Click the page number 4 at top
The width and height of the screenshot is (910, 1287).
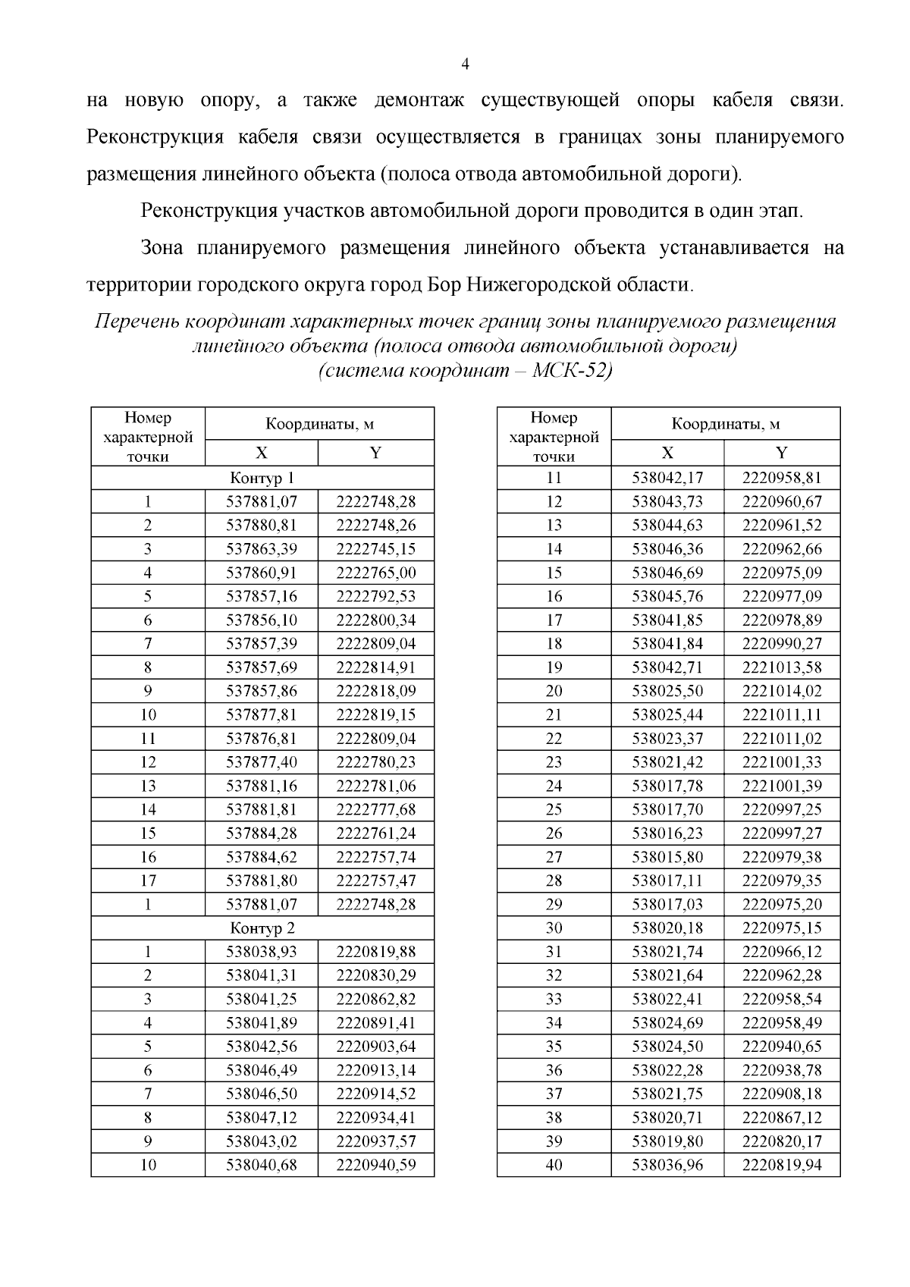tap(465, 65)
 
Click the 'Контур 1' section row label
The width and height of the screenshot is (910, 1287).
tap(262, 478)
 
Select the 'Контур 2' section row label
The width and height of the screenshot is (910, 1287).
tap(262, 928)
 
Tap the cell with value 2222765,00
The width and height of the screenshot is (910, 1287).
tap(375, 573)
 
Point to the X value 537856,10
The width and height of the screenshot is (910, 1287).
tap(262, 620)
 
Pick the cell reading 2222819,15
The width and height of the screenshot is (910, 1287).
tap(375, 714)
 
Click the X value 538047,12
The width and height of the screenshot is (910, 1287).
tap(262, 1117)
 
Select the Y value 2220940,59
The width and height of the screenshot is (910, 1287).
tap(375, 1164)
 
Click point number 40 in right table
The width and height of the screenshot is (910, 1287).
tap(554, 1164)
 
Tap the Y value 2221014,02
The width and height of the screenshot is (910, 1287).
tap(781, 691)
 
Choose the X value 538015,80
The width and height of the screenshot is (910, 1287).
tap(667, 857)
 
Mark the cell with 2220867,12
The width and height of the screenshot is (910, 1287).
tap(781, 1117)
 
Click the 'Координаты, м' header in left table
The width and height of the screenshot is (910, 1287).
tap(319, 424)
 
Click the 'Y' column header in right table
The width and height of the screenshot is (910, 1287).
tap(781, 453)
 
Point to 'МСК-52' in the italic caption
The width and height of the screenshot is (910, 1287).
tap(573, 372)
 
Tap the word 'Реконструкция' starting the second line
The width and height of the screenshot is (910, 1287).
tap(155, 138)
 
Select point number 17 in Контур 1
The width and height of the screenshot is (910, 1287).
tap(148, 880)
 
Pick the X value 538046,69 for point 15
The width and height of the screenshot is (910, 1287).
tap(667, 573)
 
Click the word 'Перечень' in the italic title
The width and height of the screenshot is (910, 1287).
tap(134, 322)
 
